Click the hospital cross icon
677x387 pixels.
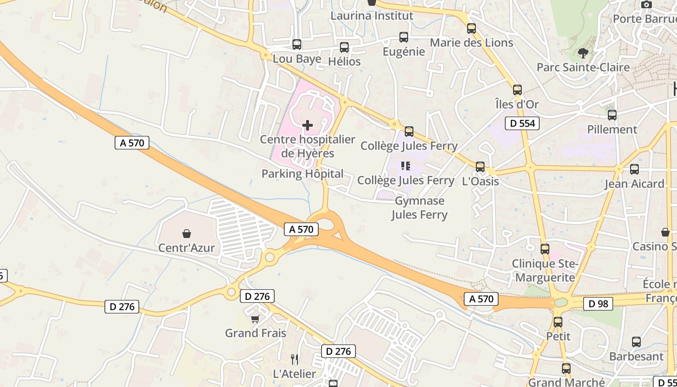(307, 126)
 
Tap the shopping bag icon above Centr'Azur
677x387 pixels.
(187, 234)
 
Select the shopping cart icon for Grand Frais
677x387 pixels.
(255, 319)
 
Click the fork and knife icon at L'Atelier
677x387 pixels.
(294, 359)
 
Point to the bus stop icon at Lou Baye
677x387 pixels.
(297, 45)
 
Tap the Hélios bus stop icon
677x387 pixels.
(344, 47)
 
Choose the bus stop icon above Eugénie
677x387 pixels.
(403, 37)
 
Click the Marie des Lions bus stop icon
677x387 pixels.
(471, 29)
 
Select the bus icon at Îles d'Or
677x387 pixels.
(517, 89)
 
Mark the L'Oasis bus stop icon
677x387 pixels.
(480, 167)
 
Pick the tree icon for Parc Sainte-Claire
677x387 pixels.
(583, 53)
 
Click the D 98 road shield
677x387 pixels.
(598, 304)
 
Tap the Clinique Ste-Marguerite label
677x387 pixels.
(545, 270)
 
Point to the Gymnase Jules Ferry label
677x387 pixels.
(419, 208)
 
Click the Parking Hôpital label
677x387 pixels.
(303, 174)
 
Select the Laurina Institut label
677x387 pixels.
(372, 15)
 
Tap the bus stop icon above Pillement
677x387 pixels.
(612, 115)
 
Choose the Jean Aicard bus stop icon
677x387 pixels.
(634, 169)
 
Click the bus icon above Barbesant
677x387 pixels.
(636, 342)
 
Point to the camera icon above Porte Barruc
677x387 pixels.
(647, 5)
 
